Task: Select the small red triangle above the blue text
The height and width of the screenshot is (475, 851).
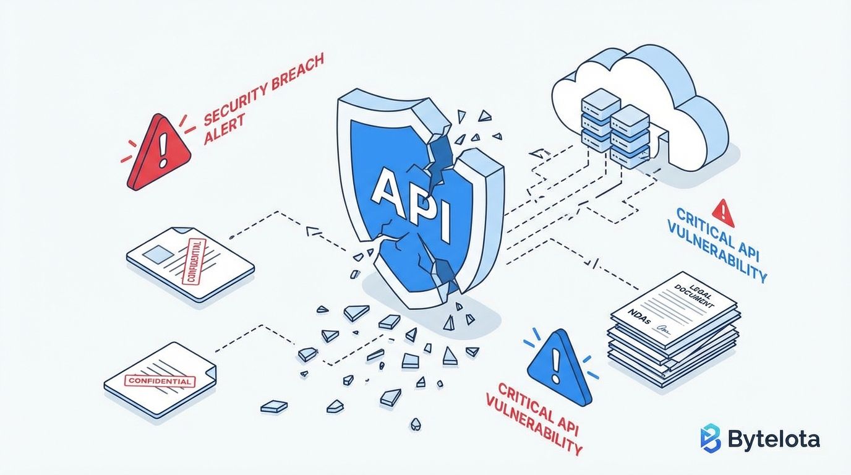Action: tap(722, 213)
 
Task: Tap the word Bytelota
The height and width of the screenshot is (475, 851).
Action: tap(774, 439)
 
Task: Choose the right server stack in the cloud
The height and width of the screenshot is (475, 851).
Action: tap(630, 135)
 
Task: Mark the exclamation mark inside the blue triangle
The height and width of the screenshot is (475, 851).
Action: tap(557, 367)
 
